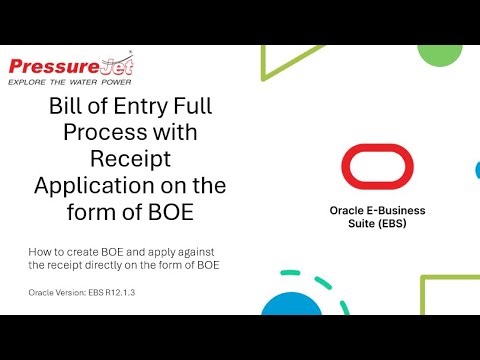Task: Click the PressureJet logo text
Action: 70,66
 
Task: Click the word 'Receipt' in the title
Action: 130,160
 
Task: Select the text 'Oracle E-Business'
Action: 378,211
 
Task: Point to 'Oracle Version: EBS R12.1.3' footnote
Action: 83,292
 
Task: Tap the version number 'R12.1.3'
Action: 121,292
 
